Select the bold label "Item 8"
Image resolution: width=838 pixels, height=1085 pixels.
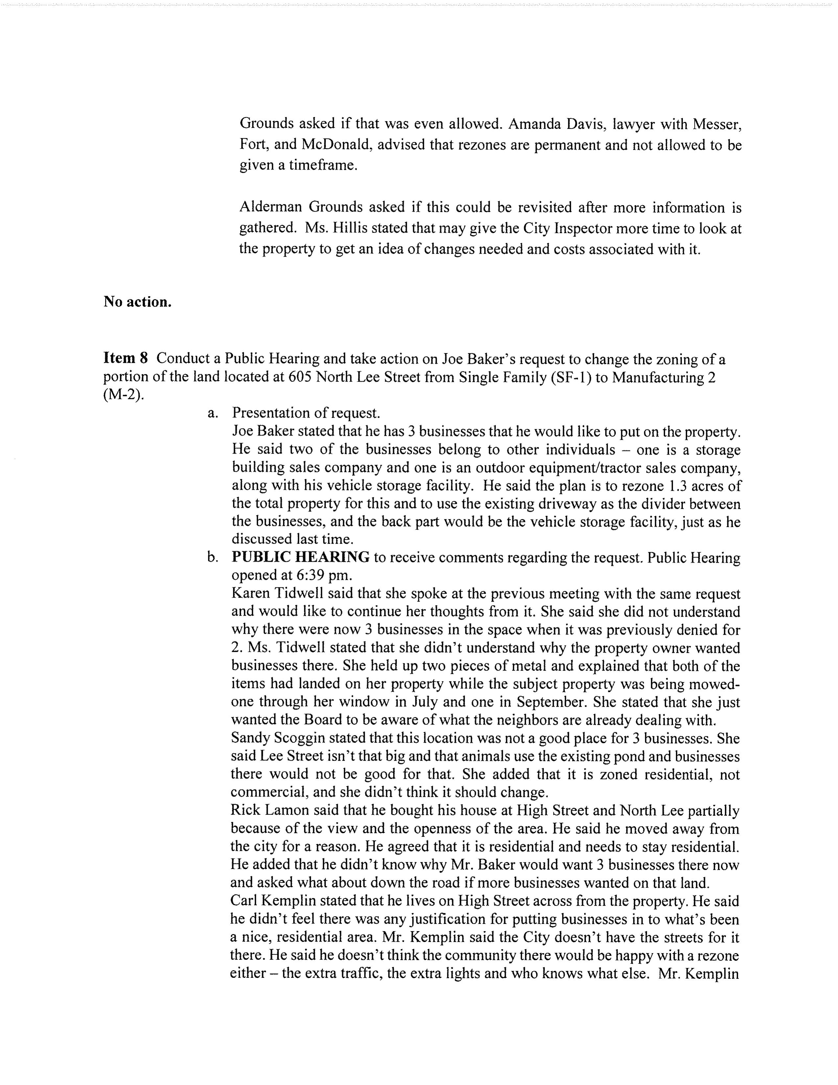point(126,358)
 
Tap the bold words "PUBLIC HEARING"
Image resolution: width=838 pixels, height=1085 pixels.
point(300,557)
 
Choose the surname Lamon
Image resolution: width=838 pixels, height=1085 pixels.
point(289,810)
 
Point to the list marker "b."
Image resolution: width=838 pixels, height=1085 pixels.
point(213,558)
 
